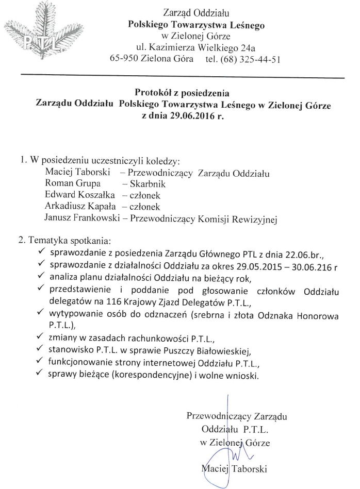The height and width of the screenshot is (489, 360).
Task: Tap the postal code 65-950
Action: tap(126, 59)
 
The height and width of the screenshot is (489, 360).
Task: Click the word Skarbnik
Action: tap(150, 183)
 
